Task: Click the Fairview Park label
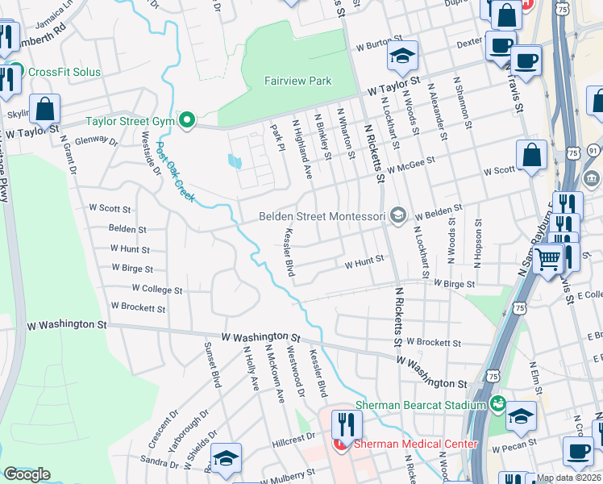click(x=297, y=81)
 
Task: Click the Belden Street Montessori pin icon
click(x=397, y=215)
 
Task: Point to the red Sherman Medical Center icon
click(x=341, y=444)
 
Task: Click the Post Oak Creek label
click(x=175, y=171)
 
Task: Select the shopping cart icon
click(x=549, y=260)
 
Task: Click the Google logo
click(x=27, y=474)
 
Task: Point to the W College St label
click(x=157, y=289)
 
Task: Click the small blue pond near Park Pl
click(x=235, y=161)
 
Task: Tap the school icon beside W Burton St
click(x=402, y=56)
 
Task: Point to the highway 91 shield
click(x=593, y=150)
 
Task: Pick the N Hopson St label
click(x=479, y=240)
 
